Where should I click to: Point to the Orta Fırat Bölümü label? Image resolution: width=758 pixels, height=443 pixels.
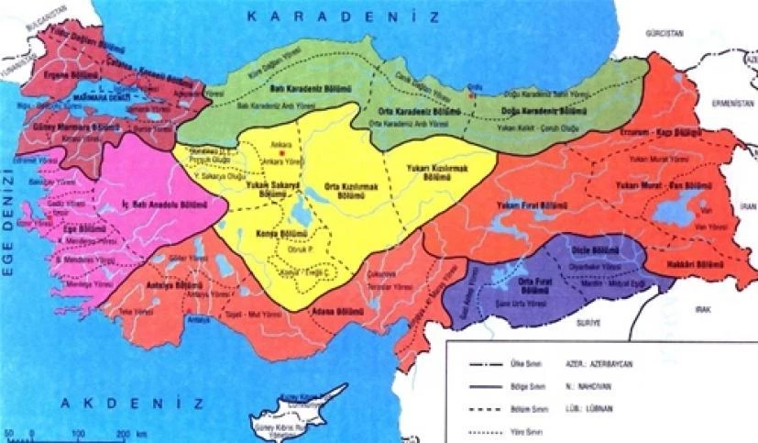tap(533, 286)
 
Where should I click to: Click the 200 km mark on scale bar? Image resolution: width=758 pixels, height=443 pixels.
tap(121, 430)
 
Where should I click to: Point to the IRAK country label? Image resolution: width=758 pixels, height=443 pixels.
tap(704, 310)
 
